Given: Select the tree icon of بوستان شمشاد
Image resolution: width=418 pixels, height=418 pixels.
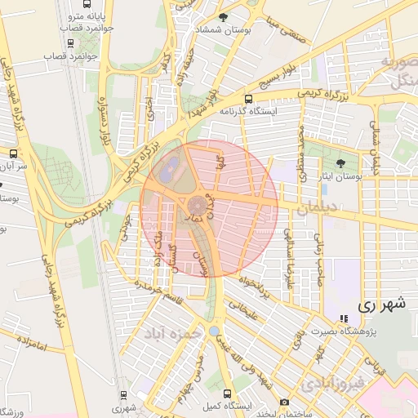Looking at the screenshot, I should [224, 16].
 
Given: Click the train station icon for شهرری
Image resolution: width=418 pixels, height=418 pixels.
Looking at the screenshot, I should [123, 394].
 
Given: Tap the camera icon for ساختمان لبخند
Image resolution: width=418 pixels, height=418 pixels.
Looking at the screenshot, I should [283, 402].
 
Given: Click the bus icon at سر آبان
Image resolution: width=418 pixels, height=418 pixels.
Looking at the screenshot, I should [12, 153].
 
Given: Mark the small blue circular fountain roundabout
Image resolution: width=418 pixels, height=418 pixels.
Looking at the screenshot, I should [213, 331].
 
